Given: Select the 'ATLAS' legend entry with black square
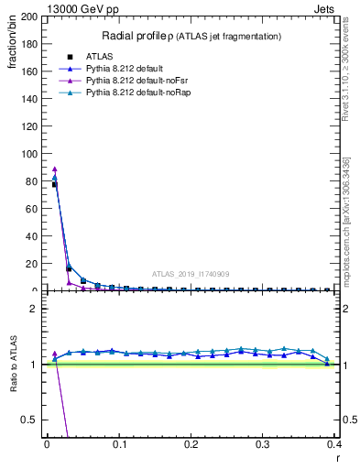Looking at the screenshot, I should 99,57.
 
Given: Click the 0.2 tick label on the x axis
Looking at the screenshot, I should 191,444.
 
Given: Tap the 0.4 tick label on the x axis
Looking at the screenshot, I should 334,444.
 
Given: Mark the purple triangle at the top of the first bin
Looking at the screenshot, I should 54,169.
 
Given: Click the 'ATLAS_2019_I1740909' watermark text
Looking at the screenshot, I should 191,274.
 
